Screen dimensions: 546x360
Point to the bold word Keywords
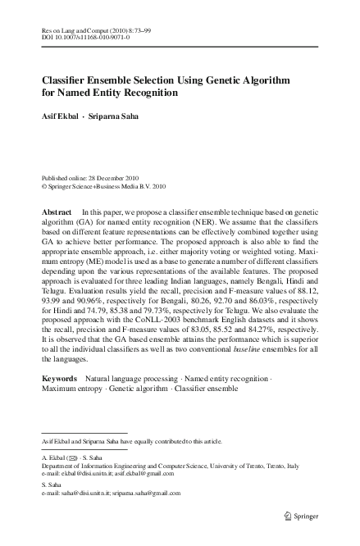(59, 378)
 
